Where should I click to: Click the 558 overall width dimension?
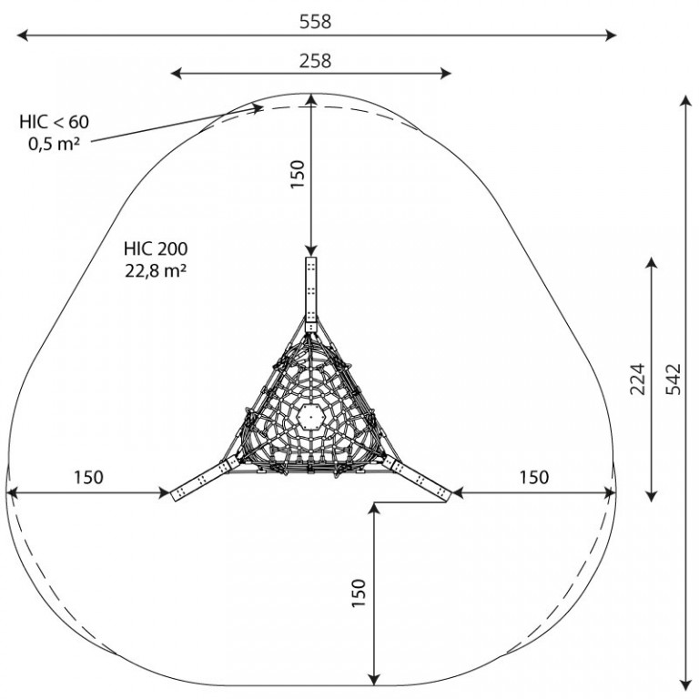tap(315, 22)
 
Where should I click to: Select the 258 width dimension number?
tap(315, 61)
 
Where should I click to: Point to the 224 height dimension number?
tap(637, 379)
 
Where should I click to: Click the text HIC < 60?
tap(54, 122)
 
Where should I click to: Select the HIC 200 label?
tap(156, 248)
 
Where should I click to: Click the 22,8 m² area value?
tap(155, 270)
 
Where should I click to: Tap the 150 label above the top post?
tap(297, 174)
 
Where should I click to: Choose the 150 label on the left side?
tap(88, 477)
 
